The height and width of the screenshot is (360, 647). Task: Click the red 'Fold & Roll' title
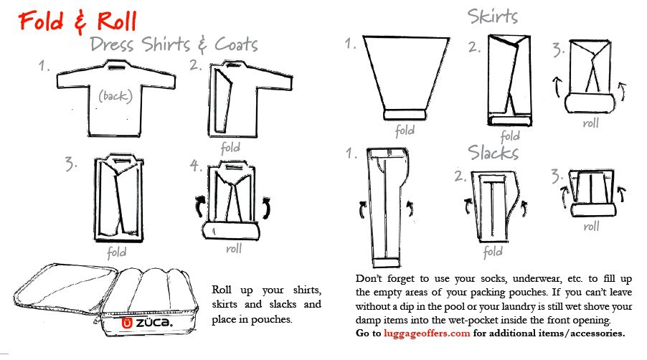77,22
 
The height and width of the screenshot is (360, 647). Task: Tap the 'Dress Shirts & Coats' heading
174,44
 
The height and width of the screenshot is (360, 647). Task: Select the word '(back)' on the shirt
115,96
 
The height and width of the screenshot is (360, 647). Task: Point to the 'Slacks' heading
493,153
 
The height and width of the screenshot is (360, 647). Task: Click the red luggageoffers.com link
427,333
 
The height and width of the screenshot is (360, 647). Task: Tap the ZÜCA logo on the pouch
147,323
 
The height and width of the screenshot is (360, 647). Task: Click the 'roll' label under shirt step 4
234,249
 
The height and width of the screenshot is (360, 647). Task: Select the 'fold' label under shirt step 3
116,252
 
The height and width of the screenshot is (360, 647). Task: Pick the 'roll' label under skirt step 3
590,123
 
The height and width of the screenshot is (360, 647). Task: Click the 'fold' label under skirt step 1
405,131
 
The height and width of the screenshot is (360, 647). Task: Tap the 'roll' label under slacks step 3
591,226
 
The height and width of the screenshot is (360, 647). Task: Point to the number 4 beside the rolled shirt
195,166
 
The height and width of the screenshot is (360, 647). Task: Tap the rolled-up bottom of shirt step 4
232,230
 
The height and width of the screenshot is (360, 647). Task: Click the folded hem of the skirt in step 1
405,114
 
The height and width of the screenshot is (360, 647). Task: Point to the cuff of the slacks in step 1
386,262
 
